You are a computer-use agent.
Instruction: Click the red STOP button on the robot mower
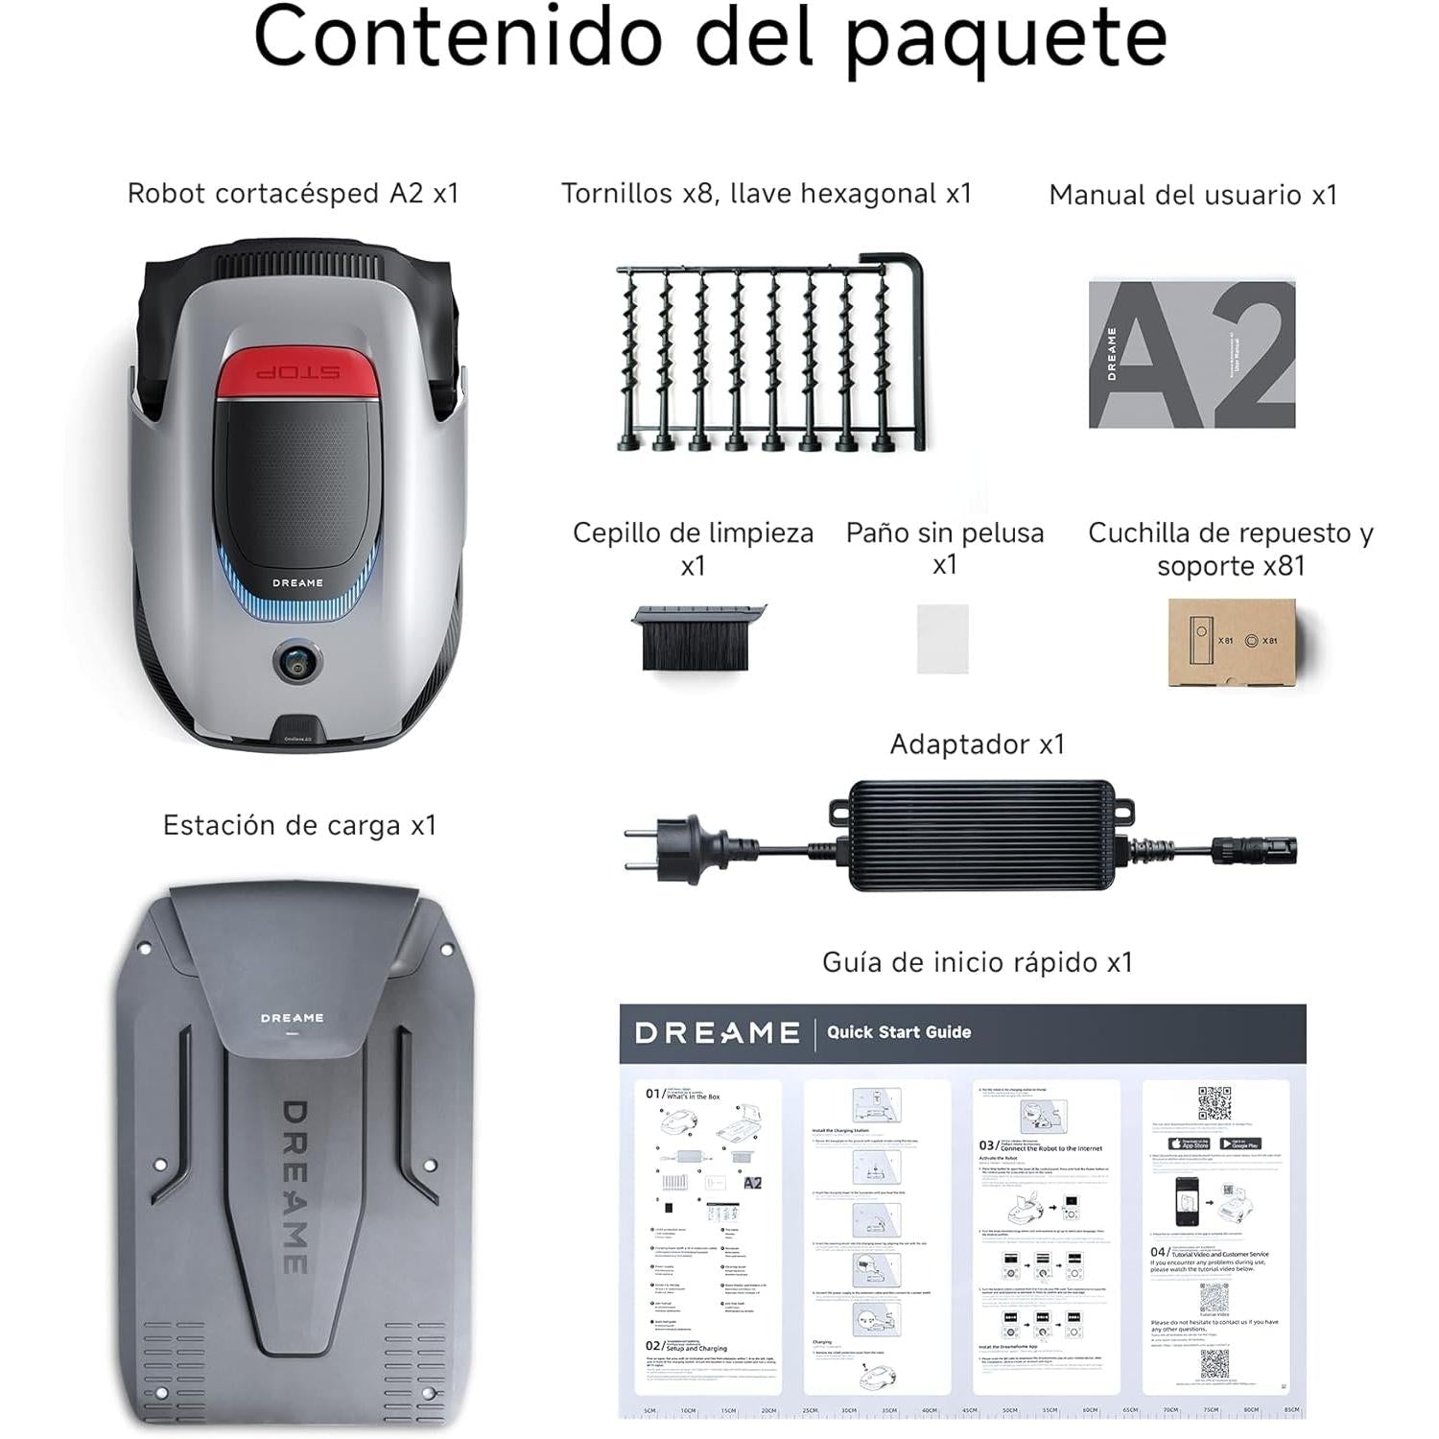(297, 372)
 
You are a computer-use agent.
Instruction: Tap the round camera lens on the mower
(297, 661)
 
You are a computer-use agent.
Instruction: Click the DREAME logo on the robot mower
(297, 583)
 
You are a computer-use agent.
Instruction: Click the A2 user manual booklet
(1191, 354)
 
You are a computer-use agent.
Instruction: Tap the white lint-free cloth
(942, 638)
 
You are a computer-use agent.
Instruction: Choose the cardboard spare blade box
(1231, 642)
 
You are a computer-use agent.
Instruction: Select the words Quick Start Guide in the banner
(899, 1032)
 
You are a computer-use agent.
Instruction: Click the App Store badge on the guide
(1189, 1144)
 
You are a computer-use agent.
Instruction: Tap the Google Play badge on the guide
(1239, 1144)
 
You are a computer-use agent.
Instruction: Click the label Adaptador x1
(977, 744)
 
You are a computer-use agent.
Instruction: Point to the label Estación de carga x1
(299, 826)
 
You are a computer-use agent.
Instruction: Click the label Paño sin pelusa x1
(944, 548)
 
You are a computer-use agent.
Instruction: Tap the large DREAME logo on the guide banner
(717, 1032)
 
